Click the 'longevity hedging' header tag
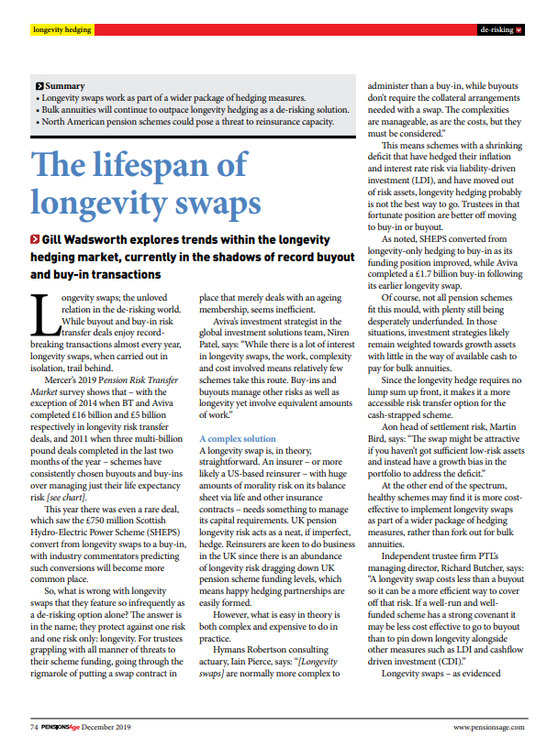[x=61, y=30]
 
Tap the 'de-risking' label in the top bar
[x=496, y=30]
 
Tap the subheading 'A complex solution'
[x=237, y=439]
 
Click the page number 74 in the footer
[x=32, y=727]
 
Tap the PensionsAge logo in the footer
[x=61, y=727]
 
